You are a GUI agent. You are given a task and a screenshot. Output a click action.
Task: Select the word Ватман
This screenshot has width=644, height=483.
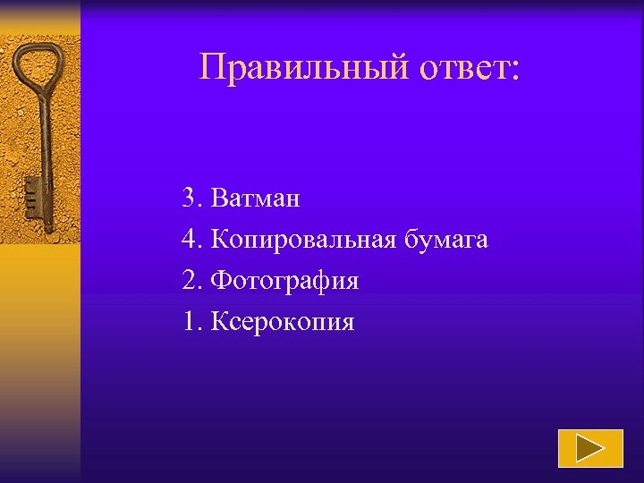[x=256, y=199]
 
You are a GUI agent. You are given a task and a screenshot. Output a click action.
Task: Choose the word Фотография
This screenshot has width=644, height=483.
[x=284, y=281]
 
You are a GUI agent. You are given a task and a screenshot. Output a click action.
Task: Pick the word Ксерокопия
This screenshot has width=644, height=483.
[x=283, y=322]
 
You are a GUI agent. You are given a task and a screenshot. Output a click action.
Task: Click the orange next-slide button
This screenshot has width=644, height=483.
[x=590, y=448]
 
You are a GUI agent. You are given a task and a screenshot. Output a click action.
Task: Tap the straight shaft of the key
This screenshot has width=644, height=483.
[x=42, y=143]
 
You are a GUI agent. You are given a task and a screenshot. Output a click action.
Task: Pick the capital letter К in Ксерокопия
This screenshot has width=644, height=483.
[x=220, y=322]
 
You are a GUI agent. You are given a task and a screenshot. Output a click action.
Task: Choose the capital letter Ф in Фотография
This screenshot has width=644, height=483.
[x=222, y=281]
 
